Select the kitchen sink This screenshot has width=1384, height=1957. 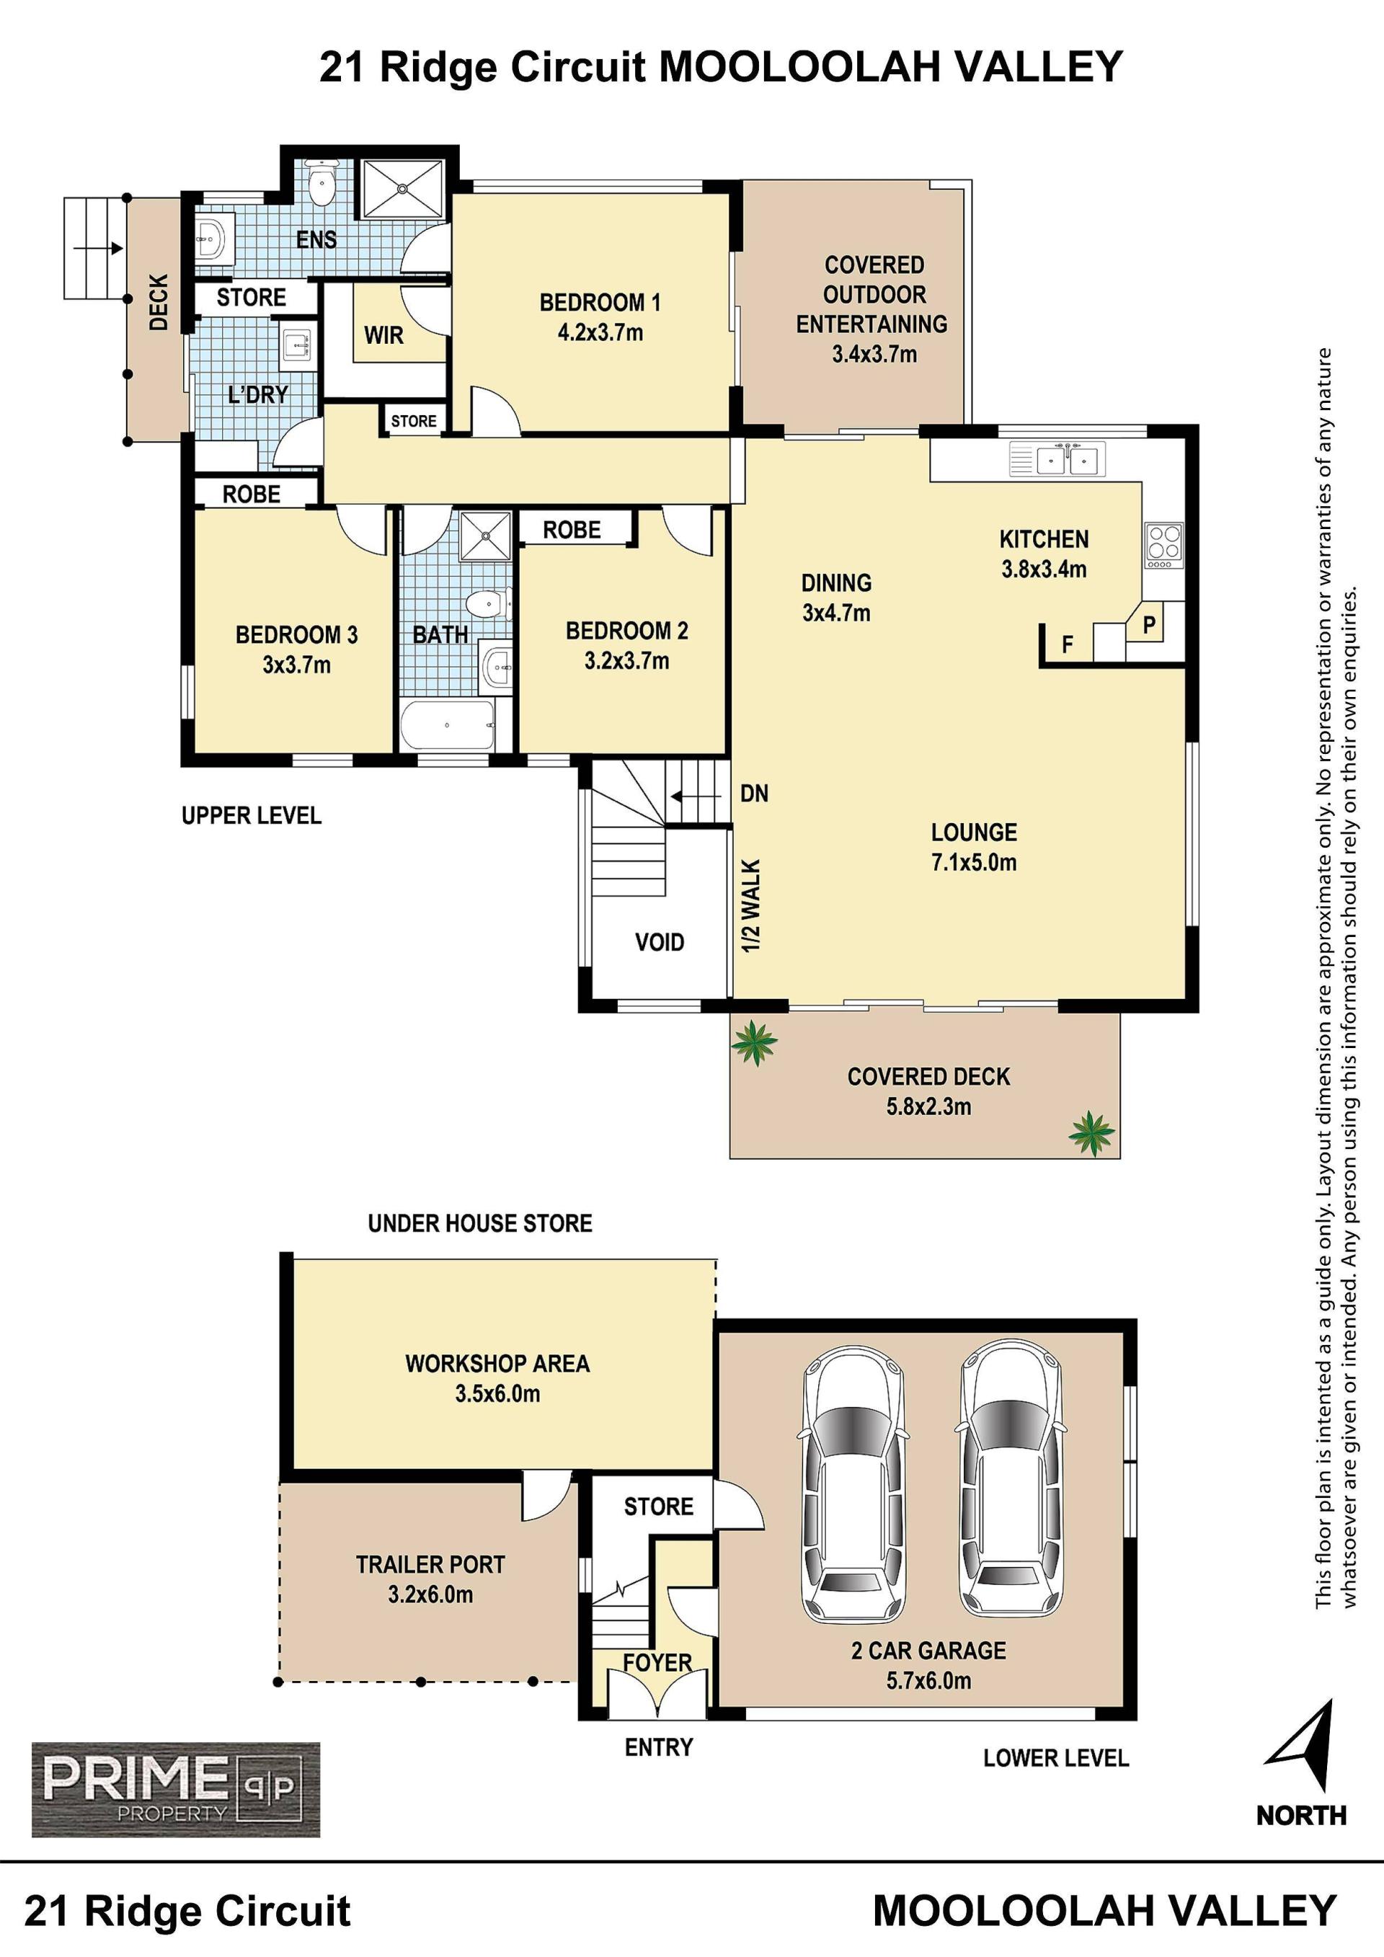(x=1057, y=458)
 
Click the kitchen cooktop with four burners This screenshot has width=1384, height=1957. (x=1164, y=546)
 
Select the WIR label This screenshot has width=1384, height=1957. (x=383, y=335)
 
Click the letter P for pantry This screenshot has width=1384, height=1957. (x=1149, y=625)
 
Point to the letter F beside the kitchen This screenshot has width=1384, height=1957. (x=1067, y=645)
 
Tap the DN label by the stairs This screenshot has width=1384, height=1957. (x=754, y=794)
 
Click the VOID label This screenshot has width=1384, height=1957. (x=660, y=942)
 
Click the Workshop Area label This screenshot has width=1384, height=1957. (x=497, y=1364)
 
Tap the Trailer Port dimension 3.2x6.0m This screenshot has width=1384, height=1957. (x=430, y=1594)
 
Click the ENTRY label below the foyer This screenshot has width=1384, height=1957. (x=659, y=1747)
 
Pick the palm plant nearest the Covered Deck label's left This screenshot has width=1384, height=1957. (x=754, y=1042)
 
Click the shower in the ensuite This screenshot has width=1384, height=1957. (x=404, y=190)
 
